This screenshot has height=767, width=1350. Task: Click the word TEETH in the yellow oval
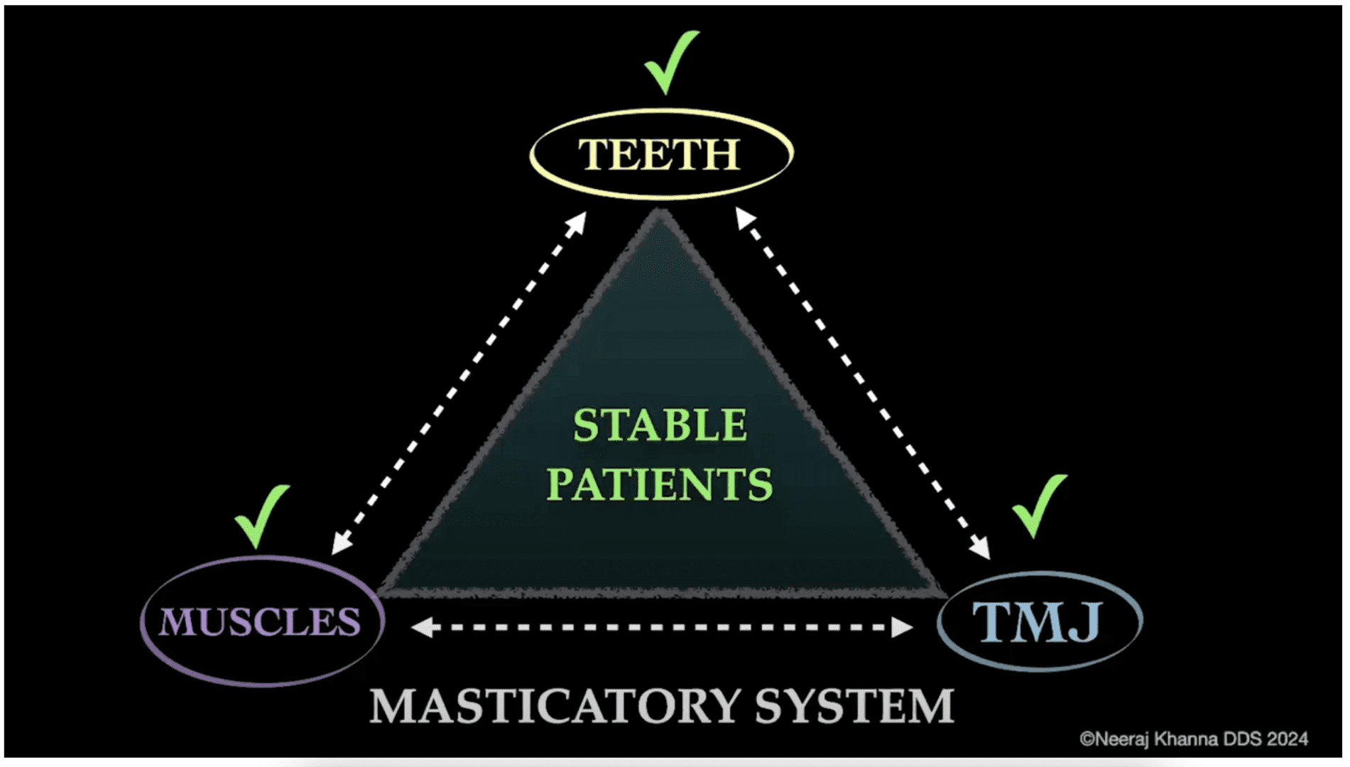pyautogui.click(x=659, y=154)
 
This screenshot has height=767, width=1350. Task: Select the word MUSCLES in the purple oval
pyautogui.click(x=259, y=622)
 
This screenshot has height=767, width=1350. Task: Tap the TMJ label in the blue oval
pyautogui.click(x=1038, y=622)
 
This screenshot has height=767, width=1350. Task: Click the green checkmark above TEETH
pyautogui.click(x=669, y=64)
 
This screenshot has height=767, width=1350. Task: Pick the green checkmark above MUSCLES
pyautogui.click(x=261, y=516)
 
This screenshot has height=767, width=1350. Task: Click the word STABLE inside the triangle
pyautogui.click(x=660, y=425)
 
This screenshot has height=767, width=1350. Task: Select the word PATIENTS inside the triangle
pyautogui.click(x=659, y=484)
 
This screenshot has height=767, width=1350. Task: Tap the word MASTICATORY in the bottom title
pyautogui.click(x=555, y=707)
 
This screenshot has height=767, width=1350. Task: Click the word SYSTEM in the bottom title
pyautogui.click(x=854, y=707)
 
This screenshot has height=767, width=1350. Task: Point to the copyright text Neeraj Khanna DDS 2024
pyautogui.click(x=1194, y=739)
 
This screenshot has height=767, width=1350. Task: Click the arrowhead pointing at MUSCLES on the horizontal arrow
pyautogui.click(x=423, y=627)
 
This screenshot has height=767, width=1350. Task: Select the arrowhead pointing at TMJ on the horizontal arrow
pyautogui.click(x=901, y=627)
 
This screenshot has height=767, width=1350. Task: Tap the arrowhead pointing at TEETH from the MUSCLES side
pyautogui.click(x=577, y=222)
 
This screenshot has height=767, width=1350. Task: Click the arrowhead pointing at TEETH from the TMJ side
pyautogui.click(x=744, y=218)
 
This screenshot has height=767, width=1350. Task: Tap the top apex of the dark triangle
pyautogui.click(x=660, y=213)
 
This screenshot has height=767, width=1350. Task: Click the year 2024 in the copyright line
pyautogui.click(x=1287, y=739)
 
